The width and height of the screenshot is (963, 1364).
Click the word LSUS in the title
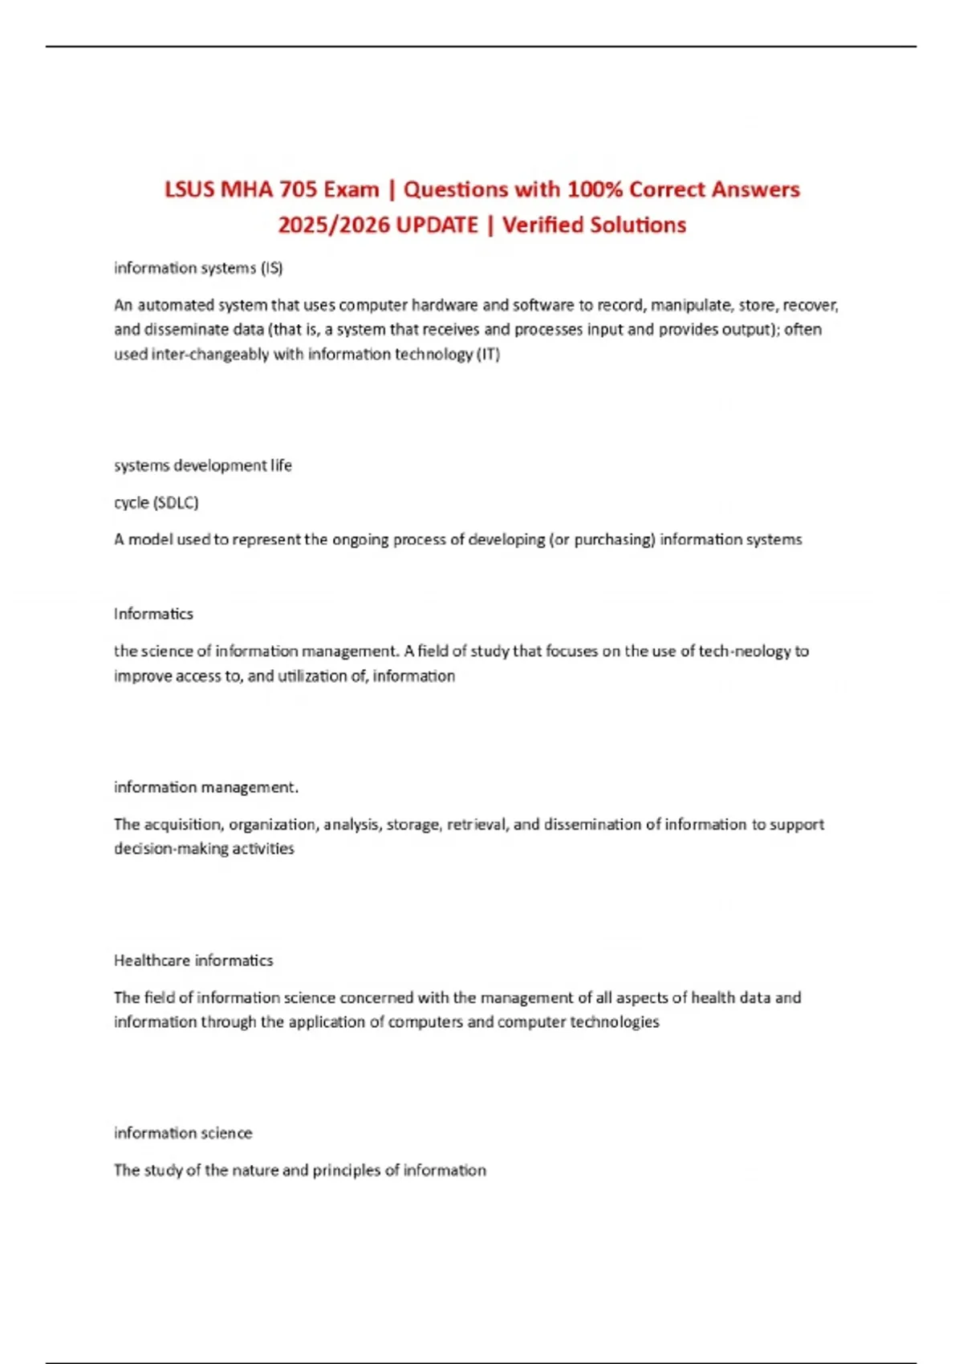click(189, 189)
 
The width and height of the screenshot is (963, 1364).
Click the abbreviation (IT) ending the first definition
click(488, 354)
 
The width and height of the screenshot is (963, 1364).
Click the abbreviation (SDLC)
click(175, 502)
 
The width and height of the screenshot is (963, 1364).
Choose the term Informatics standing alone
click(153, 614)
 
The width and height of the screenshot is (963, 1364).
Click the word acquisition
click(184, 824)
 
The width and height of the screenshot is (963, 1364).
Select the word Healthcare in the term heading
click(152, 960)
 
